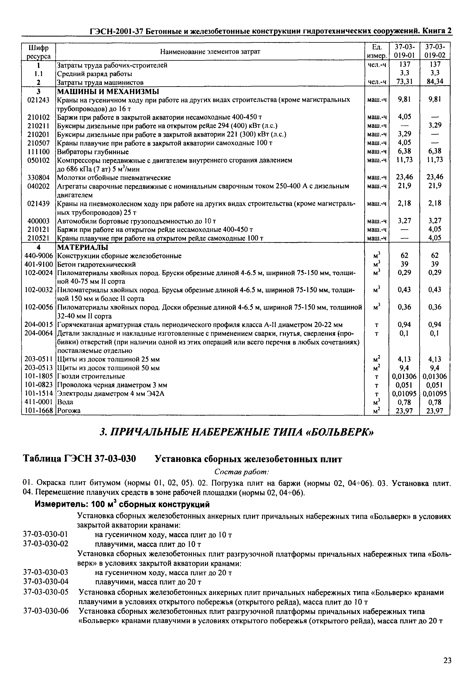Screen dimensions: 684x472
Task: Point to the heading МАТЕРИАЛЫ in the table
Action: [83, 247]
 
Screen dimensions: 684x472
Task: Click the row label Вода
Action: [65, 402]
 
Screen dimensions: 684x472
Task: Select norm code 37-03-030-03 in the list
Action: [46, 573]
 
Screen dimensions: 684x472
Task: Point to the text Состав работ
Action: [241, 472]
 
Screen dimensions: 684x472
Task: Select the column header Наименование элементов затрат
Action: [210, 52]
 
